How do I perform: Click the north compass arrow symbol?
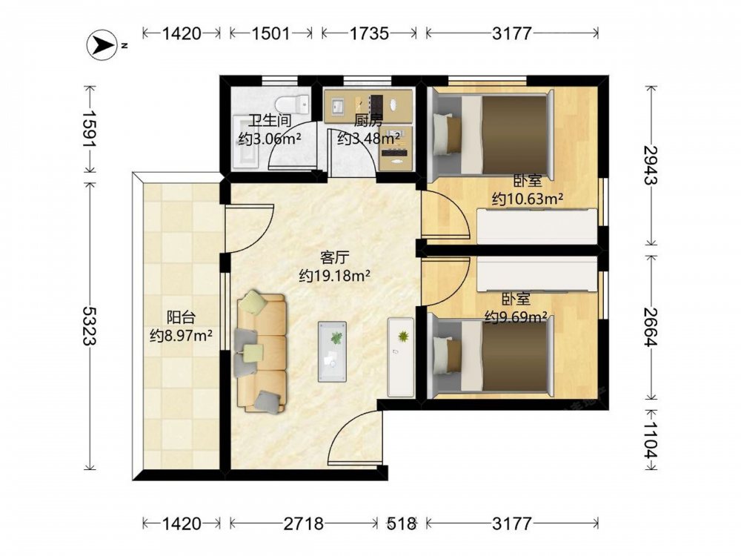(101, 45)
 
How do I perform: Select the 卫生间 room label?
(270, 121)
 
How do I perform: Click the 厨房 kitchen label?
(368, 121)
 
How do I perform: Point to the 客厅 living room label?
(335, 258)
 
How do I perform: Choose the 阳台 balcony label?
(181, 317)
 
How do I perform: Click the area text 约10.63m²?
(528, 199)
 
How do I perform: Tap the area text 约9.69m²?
(516, 316)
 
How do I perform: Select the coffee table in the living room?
(332, 351)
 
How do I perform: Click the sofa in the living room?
(262, 352)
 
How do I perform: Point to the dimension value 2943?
(651, 165)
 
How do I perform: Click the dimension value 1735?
(369, 33)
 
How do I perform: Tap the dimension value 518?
(402, 523)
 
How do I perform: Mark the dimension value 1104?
(651, 440)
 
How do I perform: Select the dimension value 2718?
(304, 523)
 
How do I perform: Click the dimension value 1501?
(270, 33)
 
